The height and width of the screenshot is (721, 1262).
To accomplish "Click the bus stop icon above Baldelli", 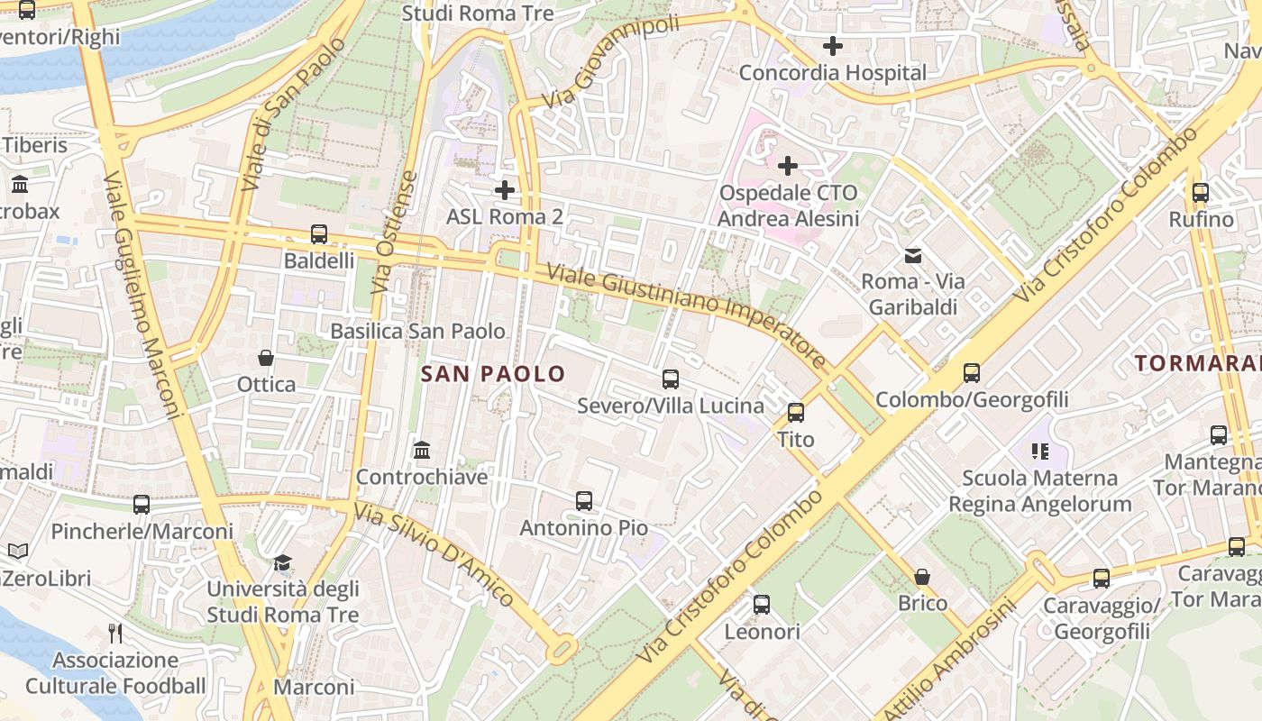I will point(319,234).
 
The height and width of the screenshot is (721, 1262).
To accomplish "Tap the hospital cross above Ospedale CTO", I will point(788,166).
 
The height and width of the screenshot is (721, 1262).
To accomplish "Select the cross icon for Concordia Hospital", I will point(833,46).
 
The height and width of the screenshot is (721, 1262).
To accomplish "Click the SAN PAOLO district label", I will point(493,374).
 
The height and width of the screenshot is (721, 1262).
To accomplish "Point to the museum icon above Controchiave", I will point(422,450).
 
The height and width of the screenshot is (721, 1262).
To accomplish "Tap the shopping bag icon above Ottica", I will point(266,358).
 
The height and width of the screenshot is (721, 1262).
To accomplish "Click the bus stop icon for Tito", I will point(796,413).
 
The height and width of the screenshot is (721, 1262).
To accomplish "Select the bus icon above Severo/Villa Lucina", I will point(671,379).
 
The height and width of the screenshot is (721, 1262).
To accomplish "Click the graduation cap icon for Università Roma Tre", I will point(283,563).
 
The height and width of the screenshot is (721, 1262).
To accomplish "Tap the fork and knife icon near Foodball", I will point(115,634).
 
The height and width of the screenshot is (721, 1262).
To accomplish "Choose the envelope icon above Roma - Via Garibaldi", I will point(913,256).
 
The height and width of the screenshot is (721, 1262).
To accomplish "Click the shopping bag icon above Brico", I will point(922,577).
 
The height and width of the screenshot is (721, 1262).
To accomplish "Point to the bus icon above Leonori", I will point(762,605).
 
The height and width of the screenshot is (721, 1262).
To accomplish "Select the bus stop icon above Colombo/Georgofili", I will point(972,373).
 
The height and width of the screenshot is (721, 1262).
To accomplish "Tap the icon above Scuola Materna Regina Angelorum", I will point(1040,451).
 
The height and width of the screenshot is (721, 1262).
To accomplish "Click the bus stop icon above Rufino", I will point(1201,193).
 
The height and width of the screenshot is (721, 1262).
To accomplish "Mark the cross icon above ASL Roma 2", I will point(505,190).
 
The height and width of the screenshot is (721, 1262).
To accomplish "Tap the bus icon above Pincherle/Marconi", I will point(142,505).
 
